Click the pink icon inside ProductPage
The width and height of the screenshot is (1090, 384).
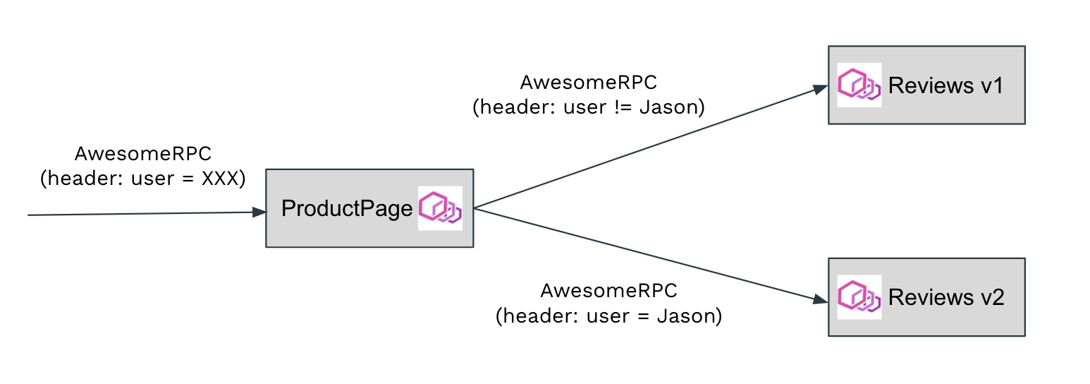440,208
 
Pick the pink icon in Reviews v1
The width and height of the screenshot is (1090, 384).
859,85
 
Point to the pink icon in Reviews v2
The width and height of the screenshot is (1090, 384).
859,296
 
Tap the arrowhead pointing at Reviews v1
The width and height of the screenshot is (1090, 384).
819,89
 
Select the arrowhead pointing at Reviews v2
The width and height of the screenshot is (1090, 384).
819,300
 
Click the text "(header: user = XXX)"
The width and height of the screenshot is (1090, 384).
142,179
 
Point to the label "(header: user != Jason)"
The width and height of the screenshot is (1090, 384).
589,107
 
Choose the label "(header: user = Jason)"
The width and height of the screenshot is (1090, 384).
608,316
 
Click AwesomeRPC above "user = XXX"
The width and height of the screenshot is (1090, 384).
142,154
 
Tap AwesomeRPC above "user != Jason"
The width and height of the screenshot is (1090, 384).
588,83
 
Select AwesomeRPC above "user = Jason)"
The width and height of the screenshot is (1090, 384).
608,290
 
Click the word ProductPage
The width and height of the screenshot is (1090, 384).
347,209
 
